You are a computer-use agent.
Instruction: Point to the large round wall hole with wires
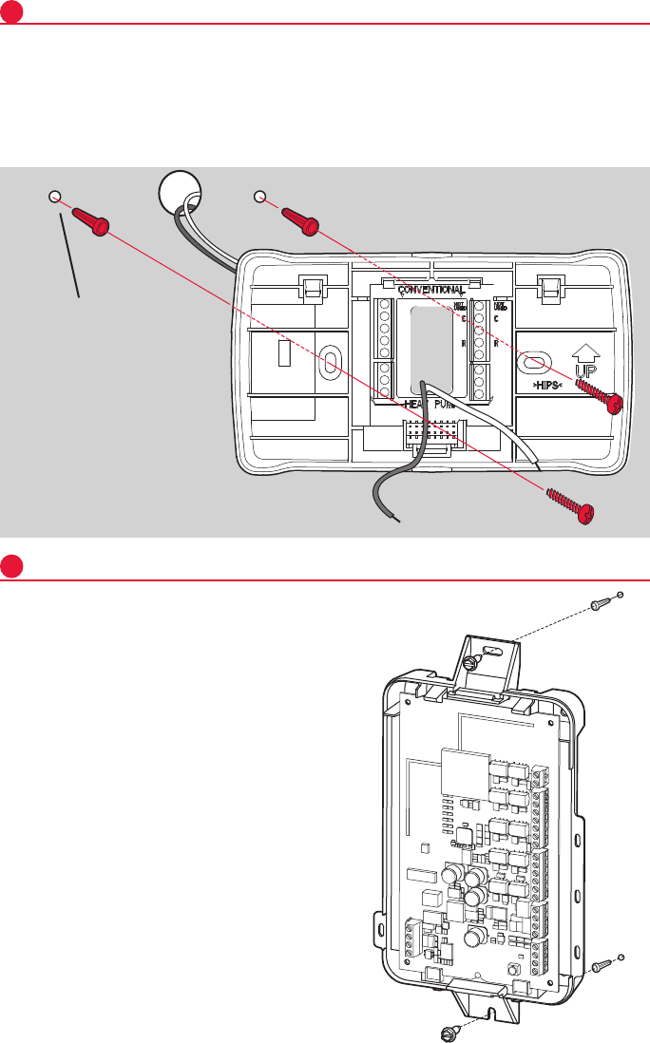pyautogui.click(x=181, y=190)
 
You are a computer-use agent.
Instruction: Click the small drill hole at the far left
pyautogui.click(x=55, y=197)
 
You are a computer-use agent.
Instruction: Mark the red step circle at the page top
pyautogui.click(x=11, y=11)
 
